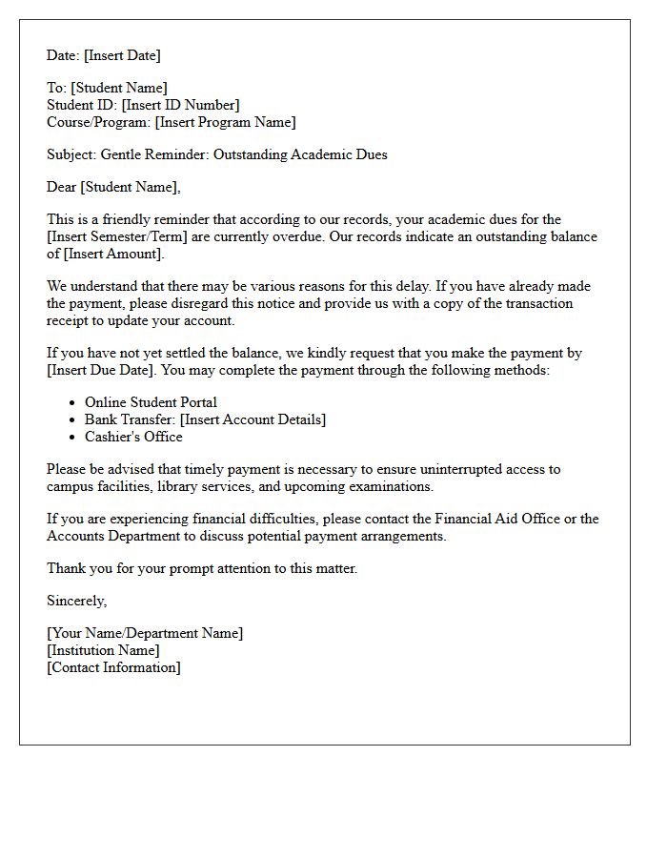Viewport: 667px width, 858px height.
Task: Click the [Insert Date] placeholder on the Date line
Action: pyautogui.click(x=123, y=55)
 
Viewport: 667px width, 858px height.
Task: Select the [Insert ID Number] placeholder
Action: pyautogui.click(x=180, y=105)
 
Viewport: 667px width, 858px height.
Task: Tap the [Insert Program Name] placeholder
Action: pyautogui.click(x=226, y=122)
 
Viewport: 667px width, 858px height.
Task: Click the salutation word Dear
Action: pyautogui.click(x=62, y=187)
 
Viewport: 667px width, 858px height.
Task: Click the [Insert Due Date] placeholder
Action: pyautogui.click(x=95, y=370)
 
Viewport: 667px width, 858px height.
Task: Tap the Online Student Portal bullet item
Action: pyautogui.click(x=151, y=402)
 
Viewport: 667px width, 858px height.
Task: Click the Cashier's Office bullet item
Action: pyautogui.click(x=133, y=437)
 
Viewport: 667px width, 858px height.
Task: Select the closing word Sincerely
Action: pyautogui.click(x=76, y=601)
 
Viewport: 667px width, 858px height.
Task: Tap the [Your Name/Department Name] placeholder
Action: pyautogui.click(x=145, y=633)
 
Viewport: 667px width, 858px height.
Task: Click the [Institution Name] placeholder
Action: pyautogui.click(x=103, y=650)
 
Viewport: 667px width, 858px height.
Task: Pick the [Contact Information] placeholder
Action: pyautogui.click(x=113, y=667)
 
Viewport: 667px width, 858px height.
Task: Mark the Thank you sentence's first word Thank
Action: pyautogui.click(x=65, y=568)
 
